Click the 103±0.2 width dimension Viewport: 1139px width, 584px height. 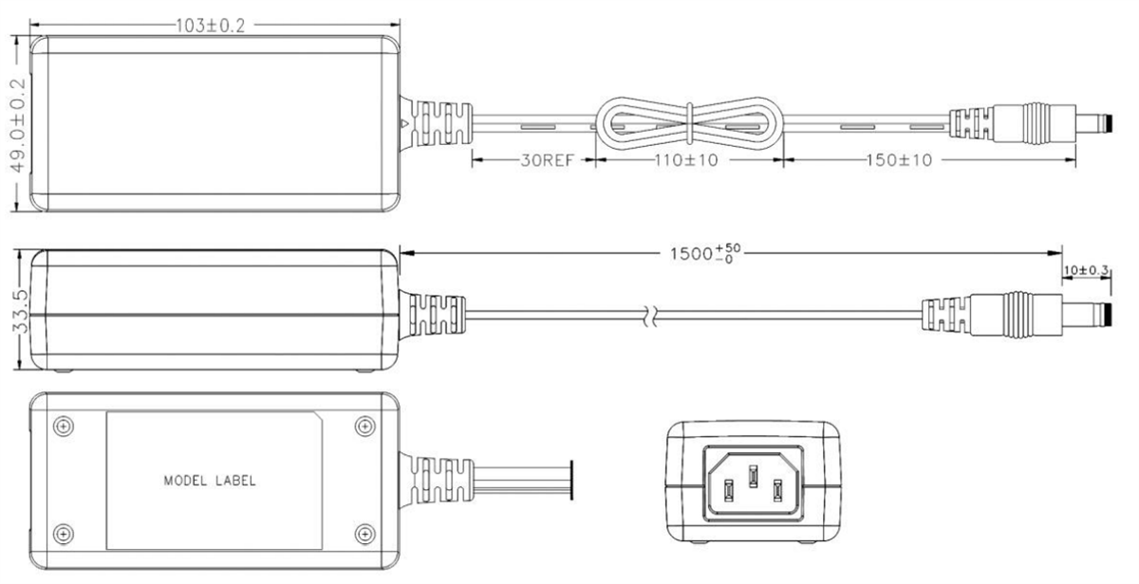[x=211, y=26]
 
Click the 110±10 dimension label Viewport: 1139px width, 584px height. [x=685, y=160]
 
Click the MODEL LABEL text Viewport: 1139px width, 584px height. [x=208, y=481]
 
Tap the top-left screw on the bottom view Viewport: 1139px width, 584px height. [x=62, y=426]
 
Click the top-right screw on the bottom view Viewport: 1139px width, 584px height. [x=364, y=426]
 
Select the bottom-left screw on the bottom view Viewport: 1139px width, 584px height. [x=62, y=533]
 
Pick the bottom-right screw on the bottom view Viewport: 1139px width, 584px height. [x=364, y=533]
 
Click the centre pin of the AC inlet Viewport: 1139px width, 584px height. [x=753, y=473]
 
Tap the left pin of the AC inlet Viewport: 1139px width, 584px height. [x=729, y=490]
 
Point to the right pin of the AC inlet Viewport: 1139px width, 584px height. [x=777, y=490]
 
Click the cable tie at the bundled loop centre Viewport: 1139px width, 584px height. [x=688, y=123]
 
